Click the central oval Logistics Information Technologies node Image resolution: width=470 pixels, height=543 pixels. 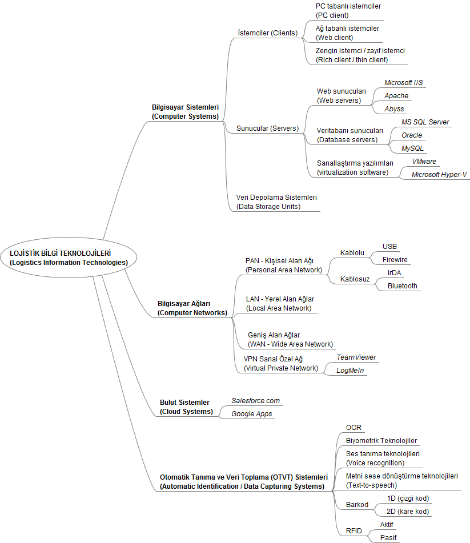(69, 258)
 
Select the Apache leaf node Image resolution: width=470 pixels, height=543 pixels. (396, 96)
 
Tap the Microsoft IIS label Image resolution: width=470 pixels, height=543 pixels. (404, 83)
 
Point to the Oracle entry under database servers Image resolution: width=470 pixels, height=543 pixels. (412, 135)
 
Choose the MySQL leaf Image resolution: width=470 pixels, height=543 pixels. (412, 148)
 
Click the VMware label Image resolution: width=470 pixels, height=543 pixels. (424, 162)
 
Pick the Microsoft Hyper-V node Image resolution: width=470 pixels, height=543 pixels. (439, 175)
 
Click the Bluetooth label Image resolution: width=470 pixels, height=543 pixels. (403, 286)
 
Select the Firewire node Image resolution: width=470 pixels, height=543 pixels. (395, 260)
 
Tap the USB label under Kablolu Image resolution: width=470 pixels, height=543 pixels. (389, 247)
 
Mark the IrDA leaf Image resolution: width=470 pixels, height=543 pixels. (394, 273)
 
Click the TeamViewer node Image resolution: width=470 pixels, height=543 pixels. (356, 357)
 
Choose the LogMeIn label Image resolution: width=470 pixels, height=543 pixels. (350, 371)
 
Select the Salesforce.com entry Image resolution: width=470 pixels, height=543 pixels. (256, 401)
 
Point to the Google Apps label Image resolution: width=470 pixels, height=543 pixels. (252, 414)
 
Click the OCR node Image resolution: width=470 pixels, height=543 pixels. (353, 428)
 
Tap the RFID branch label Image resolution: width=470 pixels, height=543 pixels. (354, 531)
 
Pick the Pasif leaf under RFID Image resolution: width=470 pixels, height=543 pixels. (388, 538)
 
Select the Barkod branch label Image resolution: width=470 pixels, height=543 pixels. (357, 505)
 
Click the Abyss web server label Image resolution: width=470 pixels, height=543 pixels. (394, 109)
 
